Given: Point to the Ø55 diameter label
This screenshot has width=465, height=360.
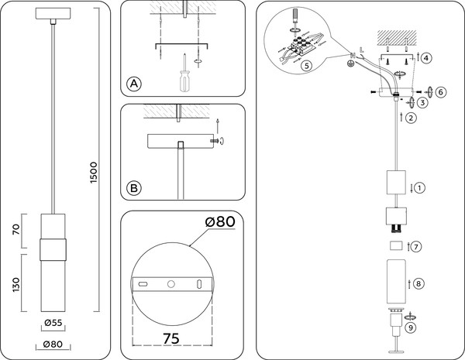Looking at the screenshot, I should pyautogui.click(x=53, y=323).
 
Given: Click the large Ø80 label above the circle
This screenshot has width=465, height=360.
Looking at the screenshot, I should pyautogui.click(x=219, y=223).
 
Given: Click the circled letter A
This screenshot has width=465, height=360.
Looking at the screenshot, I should pyautogui.click(x=135, y=84).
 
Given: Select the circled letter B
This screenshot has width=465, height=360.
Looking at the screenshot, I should pyautogui.click(x=135, y=188).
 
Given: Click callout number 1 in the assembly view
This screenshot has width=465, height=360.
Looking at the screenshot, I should pyautogui.click(x=419, y=187).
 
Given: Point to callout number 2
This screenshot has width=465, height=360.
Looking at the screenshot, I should pyautogui.click(x=411, y=118).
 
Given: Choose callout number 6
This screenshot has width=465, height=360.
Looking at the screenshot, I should pyautogui.click(x=441, y=91).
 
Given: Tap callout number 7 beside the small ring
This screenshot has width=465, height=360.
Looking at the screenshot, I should pyautogui.click(x=416, y=247).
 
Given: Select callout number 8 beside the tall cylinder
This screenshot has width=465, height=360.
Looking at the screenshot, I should pyautogui.click(x=419, y=284).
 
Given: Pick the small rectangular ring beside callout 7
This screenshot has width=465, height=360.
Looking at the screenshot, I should pyautogui.click(x=395, y=246).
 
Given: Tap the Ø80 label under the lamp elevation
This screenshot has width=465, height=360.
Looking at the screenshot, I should pyautogui.click(x=53, y=345).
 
